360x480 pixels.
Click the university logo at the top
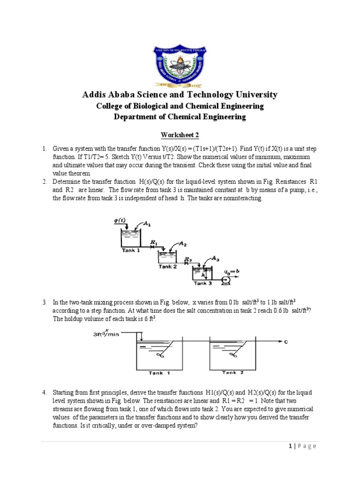click(180, 64)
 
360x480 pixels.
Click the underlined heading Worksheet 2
click(180, 135)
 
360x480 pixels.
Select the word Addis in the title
click(96, 95)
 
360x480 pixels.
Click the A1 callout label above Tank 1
click(147, 224)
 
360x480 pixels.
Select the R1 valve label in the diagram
click(153, 242)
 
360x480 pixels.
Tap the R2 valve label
click(187, 259)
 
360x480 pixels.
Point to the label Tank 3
click(202, 284)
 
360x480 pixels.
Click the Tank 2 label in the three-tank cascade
click(167, 267)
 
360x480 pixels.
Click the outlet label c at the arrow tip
click(286, 342)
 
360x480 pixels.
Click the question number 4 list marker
click(44, 392)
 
